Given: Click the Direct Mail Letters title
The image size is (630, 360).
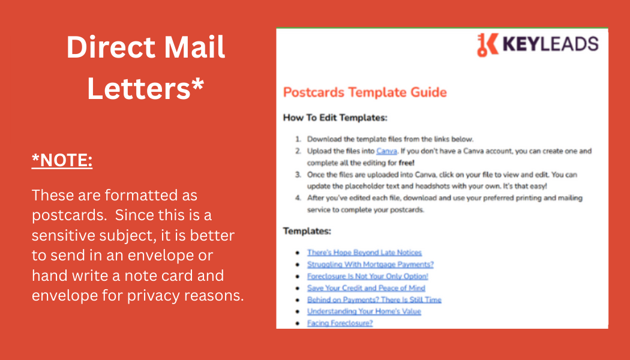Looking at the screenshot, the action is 145,67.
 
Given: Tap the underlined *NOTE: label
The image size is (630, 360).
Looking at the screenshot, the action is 62,160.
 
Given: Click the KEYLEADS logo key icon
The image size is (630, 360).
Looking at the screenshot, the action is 487,44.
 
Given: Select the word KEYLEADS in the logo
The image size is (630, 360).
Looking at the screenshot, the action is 550,44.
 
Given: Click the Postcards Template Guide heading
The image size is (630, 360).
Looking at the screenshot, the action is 365,92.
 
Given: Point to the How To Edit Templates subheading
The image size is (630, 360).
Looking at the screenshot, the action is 335,118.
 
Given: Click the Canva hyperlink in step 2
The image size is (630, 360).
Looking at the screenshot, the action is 386,151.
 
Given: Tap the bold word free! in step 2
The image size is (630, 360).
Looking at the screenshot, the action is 407,163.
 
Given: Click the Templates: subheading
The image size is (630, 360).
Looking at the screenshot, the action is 307,231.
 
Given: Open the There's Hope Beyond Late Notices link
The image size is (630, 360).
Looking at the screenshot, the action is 364,253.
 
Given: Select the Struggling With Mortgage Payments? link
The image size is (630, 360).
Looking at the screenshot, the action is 370,265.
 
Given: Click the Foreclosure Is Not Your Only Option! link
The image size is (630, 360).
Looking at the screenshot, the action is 368,276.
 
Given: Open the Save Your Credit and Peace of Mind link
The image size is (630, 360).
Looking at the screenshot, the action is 366,287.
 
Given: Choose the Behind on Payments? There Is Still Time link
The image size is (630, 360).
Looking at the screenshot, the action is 374,300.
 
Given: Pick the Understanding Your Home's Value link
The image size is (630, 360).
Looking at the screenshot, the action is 364,311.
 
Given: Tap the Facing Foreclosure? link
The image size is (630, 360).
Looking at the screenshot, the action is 340,323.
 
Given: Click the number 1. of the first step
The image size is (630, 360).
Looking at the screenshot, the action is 298,139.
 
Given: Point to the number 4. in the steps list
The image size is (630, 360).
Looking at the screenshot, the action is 298,198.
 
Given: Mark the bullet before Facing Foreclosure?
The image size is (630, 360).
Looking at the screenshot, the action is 298,323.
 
